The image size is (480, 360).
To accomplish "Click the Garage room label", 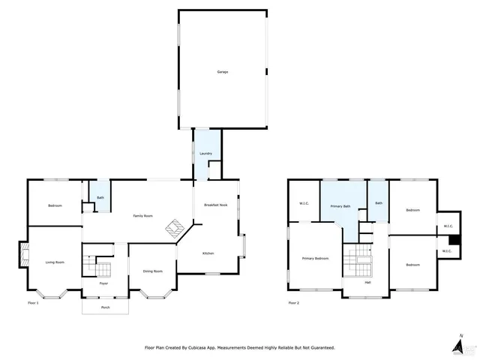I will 223,72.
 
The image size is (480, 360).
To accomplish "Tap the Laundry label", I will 205,154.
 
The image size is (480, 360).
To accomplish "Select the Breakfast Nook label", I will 216,205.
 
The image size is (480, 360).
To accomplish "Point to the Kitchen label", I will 208,253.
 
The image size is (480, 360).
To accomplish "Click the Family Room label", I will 142,216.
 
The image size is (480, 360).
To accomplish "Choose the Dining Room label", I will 153,271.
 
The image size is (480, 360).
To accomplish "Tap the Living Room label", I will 55,262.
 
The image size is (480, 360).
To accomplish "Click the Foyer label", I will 104,283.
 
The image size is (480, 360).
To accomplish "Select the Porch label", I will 105,307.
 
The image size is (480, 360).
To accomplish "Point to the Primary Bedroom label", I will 315,259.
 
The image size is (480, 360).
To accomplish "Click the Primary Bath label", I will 341,206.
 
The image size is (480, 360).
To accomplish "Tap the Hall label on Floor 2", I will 367,282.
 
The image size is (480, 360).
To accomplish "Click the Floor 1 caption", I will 32,303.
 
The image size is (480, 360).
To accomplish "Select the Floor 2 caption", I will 293,303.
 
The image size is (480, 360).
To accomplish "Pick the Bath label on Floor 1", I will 100,198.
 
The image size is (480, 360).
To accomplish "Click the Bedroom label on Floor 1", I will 55,206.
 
